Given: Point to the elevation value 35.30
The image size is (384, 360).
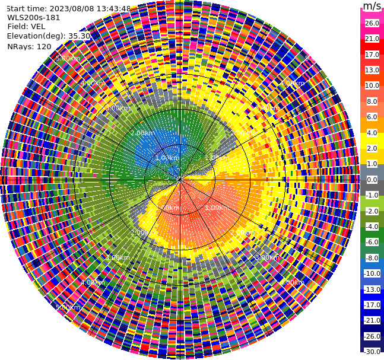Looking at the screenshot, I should (x=80, y=36).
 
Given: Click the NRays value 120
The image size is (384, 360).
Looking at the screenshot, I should (x=44, y=46).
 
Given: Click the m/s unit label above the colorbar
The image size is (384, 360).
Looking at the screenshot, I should (x=372, y=6).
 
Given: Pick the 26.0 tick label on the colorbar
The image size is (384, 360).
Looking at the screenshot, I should (x=372, y=23).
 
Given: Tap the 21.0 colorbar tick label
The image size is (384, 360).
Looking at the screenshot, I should (x=372, y=39).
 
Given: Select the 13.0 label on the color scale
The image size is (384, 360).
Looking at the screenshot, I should (x=372, y=70).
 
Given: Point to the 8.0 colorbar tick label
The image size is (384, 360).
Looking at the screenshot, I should (x=372, y=101).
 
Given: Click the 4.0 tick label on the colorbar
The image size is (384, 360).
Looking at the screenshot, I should (x=372, y=133).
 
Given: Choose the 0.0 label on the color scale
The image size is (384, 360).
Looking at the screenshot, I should (x=372, y=180).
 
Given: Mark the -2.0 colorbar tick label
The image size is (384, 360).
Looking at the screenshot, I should (x=372, y=211).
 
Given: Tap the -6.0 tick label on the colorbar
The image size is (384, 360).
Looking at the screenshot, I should (x=372, y=242).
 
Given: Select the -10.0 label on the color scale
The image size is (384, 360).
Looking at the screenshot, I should (x=372, y=273).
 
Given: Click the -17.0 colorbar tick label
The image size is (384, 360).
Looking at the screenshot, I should (x=372, y=305).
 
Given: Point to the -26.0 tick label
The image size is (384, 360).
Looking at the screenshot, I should (x=372, y=336).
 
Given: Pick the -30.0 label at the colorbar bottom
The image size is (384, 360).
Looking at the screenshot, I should (x=372, y=352).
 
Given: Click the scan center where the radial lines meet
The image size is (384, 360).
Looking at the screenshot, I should (x=180, y=180).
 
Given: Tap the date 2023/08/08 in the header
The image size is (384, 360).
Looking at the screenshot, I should (x=69, y=9).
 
